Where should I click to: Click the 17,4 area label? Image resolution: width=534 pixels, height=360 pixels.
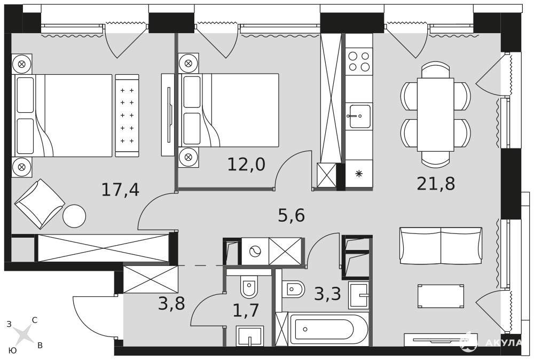click(121, 190)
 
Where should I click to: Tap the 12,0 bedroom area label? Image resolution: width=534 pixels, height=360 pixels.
click(246, 165)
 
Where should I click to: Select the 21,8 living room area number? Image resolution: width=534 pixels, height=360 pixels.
click(436, 184)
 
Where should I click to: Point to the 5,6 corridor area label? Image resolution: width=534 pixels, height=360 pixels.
click(291, 215)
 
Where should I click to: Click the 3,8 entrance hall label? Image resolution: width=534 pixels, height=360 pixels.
click(171, 303)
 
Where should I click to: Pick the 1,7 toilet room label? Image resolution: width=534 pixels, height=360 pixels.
click(246, 310)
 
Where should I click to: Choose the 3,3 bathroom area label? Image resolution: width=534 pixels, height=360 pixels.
click(327, 294)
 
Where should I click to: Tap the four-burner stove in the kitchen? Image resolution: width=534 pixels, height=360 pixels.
click(359, 61)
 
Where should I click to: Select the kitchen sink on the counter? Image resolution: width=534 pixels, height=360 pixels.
click(359, 116)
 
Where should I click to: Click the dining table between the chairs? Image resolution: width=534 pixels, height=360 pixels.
click(436, 114)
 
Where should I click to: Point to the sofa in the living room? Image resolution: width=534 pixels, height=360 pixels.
click(441, 246)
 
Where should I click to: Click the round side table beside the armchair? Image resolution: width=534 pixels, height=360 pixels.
click(74, 216)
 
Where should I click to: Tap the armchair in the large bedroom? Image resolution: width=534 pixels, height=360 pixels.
click(40, 204)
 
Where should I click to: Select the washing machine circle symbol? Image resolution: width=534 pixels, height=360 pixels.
click(255, 252)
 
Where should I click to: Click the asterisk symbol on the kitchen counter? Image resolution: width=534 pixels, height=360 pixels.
click(359, 174)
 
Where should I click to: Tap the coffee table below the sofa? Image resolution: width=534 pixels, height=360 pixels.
click(441, 296)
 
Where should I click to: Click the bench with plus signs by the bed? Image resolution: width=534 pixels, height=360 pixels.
click(127, 115)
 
